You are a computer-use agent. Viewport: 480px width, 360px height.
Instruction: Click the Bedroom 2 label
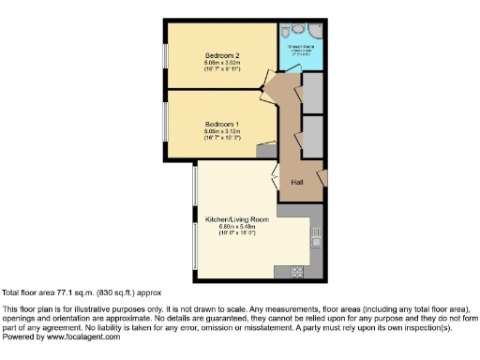point(223,55)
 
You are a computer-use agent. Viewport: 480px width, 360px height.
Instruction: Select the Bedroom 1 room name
point(223,124)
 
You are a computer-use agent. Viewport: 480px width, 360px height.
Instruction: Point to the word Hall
point(297,181)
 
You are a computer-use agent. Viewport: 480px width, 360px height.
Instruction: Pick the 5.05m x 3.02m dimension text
point(223,63)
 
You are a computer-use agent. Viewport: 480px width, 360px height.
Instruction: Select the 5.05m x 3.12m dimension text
point(223,131)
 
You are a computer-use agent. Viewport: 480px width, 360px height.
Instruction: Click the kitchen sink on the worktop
point(317,232)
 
